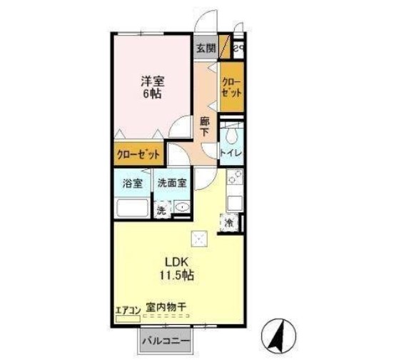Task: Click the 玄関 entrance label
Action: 206,49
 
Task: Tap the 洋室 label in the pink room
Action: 151,82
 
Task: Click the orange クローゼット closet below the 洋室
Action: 140,154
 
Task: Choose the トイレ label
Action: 231,153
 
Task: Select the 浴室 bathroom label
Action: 131,183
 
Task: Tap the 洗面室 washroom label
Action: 172,183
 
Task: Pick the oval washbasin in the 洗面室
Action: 182,209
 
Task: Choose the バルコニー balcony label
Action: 166,341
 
